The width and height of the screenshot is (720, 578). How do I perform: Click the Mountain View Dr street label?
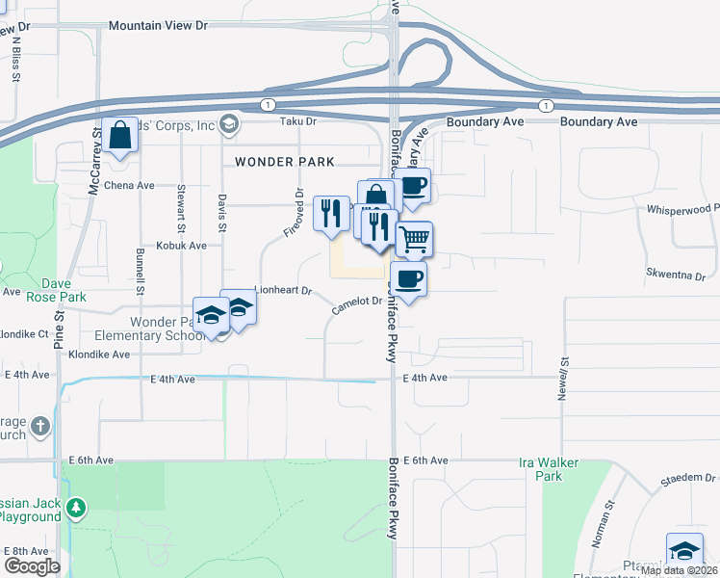tap(159, 26)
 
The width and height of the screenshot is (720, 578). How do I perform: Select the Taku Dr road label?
tap(297, 121)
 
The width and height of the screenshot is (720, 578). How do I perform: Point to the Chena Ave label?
tap(129, 186)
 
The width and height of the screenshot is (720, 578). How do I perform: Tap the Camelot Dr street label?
tap(357, 305)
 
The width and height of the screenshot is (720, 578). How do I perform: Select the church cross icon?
tap(40, 425)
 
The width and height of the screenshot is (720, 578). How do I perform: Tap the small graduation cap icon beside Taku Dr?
tap(229, 122)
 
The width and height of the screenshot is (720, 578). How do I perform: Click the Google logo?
tap(31, 566)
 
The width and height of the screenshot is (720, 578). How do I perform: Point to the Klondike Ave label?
tap(99, 355)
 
